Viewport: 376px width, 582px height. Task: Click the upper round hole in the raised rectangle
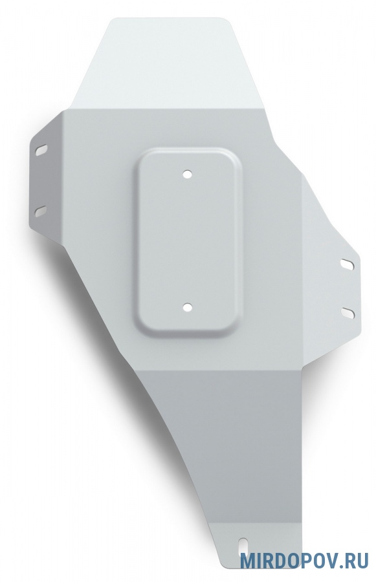click(188, 174)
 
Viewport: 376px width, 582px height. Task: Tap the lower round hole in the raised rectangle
click(188, 307)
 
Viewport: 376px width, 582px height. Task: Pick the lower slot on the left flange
click(41, 210)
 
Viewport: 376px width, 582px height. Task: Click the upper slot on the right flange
click(348, 264)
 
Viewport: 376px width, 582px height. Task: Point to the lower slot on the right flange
click(348, 312)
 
